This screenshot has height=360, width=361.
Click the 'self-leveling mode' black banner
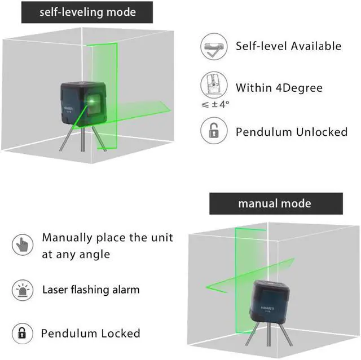(87, 12)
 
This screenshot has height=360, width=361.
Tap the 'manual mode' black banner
(276, 203)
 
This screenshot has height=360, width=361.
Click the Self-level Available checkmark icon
(214, 47)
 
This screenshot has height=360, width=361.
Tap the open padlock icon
(214, 131)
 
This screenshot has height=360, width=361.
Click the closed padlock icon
(21, 332)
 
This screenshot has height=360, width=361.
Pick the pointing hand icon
(21, 245)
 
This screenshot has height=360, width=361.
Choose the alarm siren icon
(21, 290)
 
